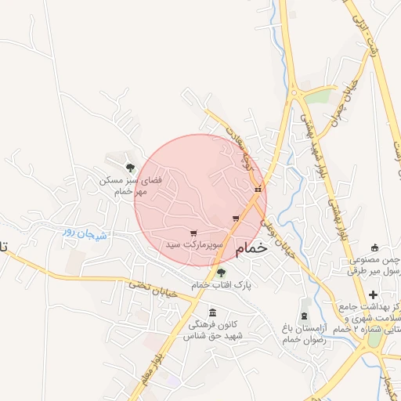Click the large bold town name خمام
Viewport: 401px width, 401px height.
click(x=245, y=247)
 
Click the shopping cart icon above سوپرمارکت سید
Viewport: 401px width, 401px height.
click(x=193, y=233)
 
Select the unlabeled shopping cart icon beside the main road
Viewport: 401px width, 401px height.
click(x=235, y=219)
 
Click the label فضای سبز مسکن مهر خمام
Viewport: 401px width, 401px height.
click(x=130, y=186)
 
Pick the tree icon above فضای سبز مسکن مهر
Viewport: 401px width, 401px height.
click(x=130, y=167)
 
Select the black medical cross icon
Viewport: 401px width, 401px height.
click(x=373, y=294)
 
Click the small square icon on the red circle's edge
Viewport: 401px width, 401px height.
click(x=257, y=189)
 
